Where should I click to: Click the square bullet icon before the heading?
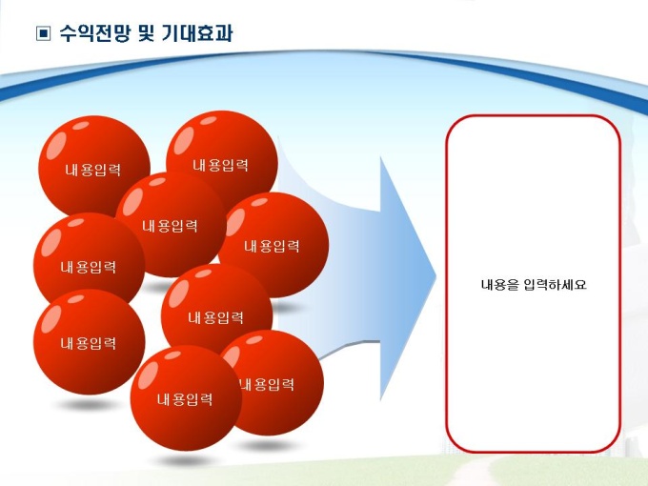(44, 33)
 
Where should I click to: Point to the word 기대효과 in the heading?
(197, 33)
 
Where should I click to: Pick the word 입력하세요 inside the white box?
(555, 285)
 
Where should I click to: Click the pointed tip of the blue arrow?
(436, 277)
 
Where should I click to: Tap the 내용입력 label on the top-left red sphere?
(93, 170)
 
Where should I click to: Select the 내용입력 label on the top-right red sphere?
(220, 165)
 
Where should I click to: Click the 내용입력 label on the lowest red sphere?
(185, 399)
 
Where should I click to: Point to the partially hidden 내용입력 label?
(268, 385)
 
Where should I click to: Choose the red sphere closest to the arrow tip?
(273, 245)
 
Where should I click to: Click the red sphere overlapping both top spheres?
(171, 225)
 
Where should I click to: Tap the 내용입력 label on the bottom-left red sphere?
(88, 343)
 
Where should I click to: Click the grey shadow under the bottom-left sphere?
(88, 404)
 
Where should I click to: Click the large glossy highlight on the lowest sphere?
(148, 375)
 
